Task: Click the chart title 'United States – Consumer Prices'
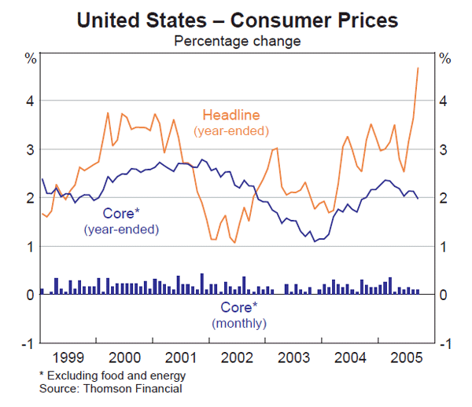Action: coord(236,19)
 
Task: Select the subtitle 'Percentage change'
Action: coord(236,40)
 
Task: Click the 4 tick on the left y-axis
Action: coord(28,101)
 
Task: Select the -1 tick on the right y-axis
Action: coord(444,343)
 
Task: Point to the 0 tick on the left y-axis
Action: coord(28,295)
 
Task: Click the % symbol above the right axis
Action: coord(444,58)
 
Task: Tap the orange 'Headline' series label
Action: coord(231,114)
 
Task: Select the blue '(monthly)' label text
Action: coord(239,323)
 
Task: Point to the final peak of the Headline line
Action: coord(418,68)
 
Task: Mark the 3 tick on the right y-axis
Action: coord(444,149)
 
